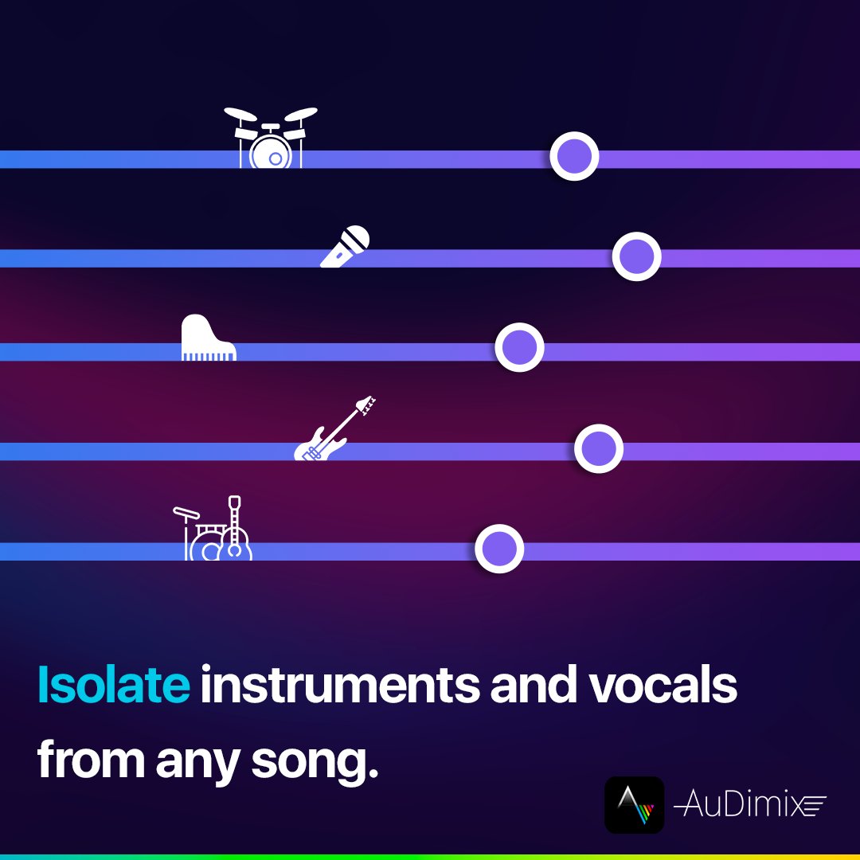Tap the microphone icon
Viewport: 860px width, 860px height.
(346, 246)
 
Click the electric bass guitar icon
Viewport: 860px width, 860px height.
(334, 430)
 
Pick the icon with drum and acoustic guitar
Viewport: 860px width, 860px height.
(213, 530)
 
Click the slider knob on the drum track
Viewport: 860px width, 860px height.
(574, 157)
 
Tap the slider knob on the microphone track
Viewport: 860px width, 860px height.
(636, 256)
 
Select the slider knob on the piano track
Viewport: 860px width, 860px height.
(519, 347)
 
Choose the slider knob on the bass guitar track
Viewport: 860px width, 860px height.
(599, 449)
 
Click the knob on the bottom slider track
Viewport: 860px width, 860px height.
(499, 549)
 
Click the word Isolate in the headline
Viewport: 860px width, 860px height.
(113, 686)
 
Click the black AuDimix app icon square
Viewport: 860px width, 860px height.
(634, 805)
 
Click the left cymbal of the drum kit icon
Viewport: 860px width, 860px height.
(239, 113)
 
